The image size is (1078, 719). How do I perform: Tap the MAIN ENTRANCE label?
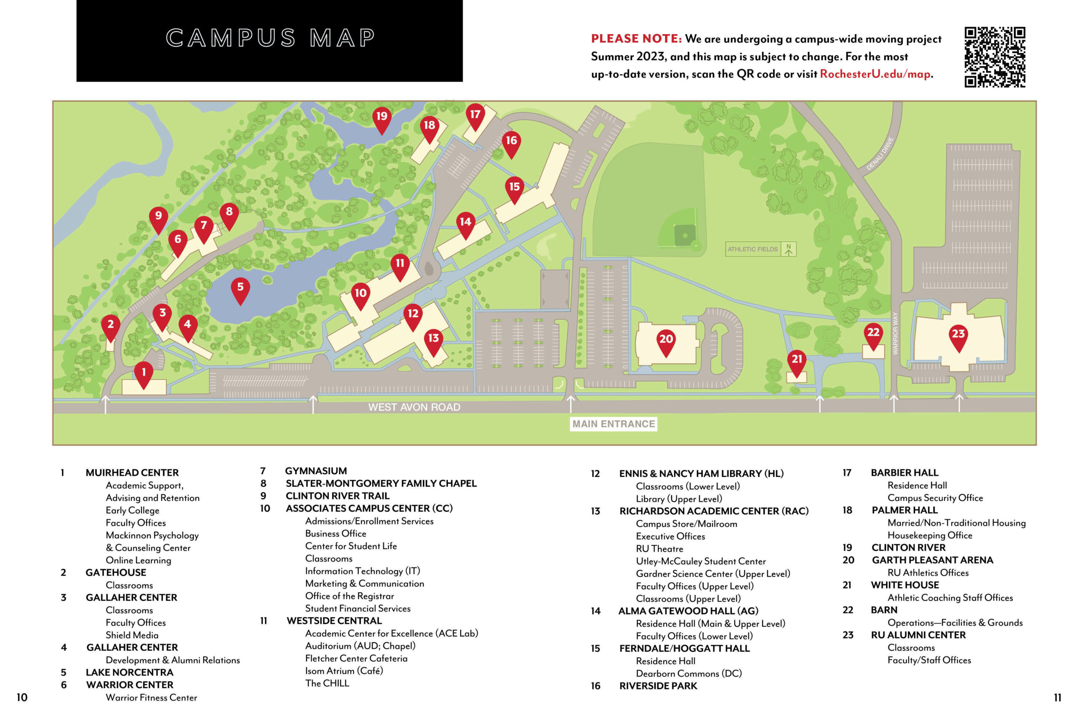tap(613, 424)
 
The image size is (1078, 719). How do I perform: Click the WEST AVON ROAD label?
tap(414, 407)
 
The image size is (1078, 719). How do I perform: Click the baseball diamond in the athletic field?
tap(684, 234)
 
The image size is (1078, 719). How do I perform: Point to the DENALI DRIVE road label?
tap(880, 154)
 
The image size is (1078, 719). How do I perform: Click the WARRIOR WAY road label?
tap(895, 333)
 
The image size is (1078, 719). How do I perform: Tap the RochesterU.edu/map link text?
tap(875, 74)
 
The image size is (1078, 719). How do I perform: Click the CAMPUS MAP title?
tap(270, 37)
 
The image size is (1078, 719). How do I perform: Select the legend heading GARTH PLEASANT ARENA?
tap(932, 560)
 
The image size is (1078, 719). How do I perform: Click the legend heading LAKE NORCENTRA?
tap(129, 672)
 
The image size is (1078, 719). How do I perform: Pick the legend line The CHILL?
tap(327, 683)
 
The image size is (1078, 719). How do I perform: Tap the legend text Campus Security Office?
tap(935, 497)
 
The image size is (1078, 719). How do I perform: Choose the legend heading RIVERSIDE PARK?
tap(658, 686)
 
